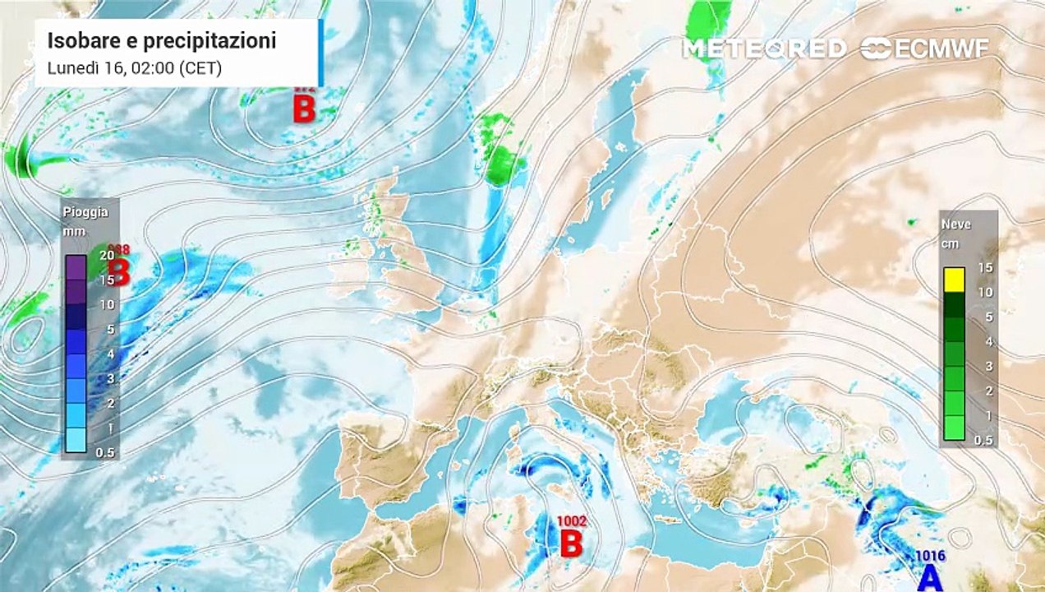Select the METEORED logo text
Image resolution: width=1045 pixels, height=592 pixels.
pos(764,49)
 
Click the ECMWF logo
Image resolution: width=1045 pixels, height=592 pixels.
pos(926,49)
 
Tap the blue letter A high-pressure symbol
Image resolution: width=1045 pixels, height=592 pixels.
pos(930,577)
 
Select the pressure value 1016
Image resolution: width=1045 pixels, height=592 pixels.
pos(931,557)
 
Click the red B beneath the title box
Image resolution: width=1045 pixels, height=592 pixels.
pos(304,109)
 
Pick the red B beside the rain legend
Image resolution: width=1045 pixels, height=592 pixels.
pos(120,272)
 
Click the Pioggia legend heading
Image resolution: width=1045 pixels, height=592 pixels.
pos(85,212)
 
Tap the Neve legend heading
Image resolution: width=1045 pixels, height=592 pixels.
pos(956,224)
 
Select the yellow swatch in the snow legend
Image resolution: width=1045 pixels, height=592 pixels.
pos(954,280)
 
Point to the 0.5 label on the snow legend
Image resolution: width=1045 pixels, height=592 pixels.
pos(983,440)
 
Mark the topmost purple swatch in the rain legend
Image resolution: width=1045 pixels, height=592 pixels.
pos(76,267)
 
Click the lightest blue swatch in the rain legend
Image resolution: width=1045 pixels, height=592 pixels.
pos(76,440)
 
